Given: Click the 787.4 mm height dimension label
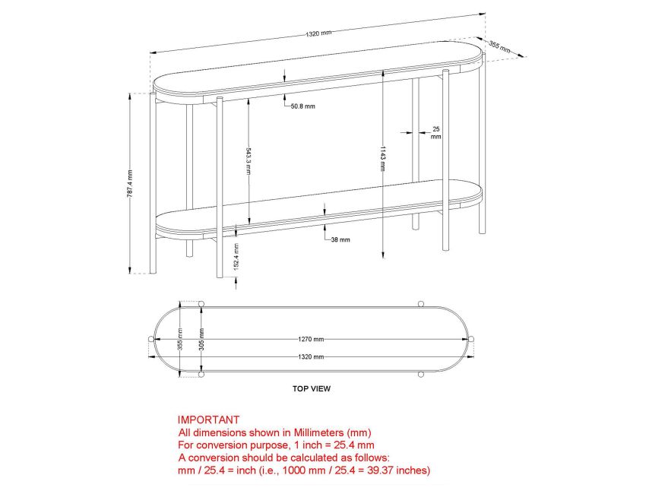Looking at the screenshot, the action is [x=129, y=183].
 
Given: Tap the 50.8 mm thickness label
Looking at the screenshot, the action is [x=302, y=106].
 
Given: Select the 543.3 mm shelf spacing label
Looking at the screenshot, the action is [x=249, y=160].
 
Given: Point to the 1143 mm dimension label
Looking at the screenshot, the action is [x=383, y=158].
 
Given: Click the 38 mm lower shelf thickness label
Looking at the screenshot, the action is [x=340, y=239].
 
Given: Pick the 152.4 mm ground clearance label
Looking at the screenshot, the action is [x=236, y=256].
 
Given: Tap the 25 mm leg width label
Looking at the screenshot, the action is [x=436, y=133].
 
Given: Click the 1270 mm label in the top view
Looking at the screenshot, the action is [x=311, y=339].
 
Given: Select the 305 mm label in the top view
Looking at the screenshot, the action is [x=201, y=339].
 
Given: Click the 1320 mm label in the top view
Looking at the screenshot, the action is [x=311, y=356].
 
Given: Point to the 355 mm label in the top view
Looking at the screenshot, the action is [x=180, y=339].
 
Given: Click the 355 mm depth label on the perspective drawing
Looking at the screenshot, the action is [x=500, y=47].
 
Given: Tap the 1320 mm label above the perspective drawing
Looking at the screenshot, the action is [x=318, y=33].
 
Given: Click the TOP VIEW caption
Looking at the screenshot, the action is [x=312, y=388].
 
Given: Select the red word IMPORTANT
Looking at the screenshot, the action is [x=208, y=420].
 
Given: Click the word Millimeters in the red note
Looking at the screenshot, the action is [x=318, y=432].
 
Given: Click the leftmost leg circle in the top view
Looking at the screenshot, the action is [x=151, y=339].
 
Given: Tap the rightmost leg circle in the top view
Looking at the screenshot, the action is [x=471, y=339].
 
